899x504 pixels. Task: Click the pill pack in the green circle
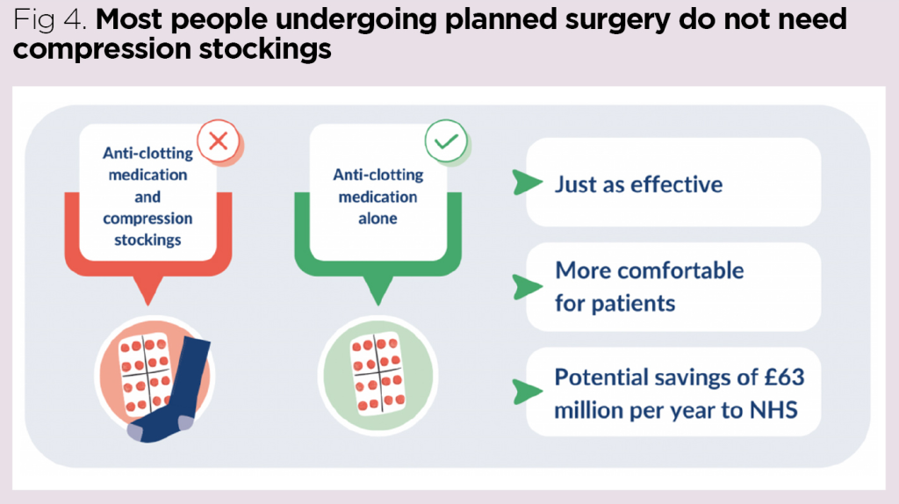coord(376,373)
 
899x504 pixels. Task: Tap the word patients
coord(631,304)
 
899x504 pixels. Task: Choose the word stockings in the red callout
coord(147,239)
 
